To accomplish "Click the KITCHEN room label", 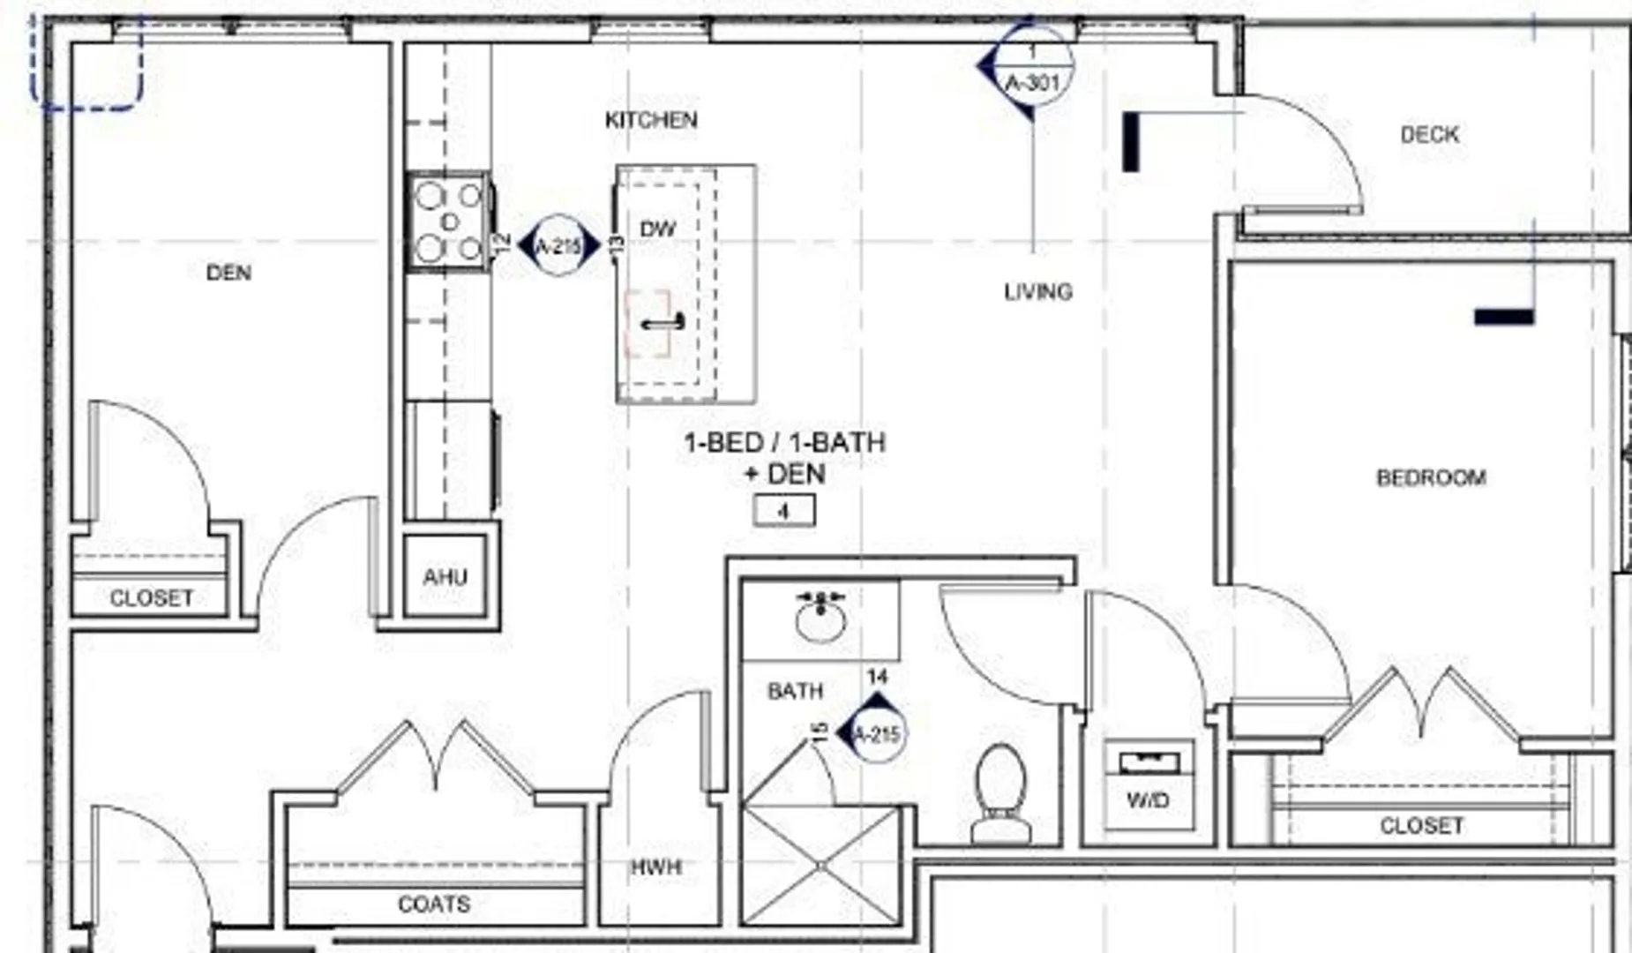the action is click(x=651, y=120).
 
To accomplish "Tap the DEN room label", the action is click(x=228, y=274).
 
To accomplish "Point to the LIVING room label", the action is click(x=1038, y=292).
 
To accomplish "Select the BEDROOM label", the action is click(x=1431, y=477).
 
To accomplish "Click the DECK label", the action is click(x=1429, y=135).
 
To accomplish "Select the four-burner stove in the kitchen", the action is click(x=449, y=221).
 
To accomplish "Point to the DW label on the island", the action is click(x=658, y=229).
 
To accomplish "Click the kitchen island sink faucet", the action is click(x=663, y=323).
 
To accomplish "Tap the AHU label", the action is click(x=445, y=577).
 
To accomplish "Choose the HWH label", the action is click(x=656, y=867).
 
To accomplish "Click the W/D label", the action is click(x=1148, y=800).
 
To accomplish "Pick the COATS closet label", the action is click(x=434, y=904).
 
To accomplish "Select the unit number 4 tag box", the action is click(x=783, y=511).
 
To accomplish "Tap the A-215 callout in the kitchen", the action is click(x=558, y=246).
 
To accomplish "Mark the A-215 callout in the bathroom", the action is click(x=876, y=732).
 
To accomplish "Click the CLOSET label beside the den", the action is click(x=151, y=598).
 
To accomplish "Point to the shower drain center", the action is click(x=820, y=866).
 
